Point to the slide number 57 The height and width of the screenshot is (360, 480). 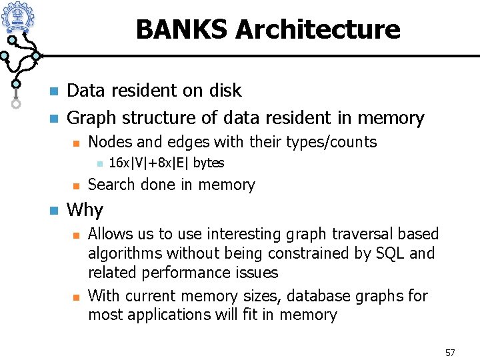[x=449, y=352]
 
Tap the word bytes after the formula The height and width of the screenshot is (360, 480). [x=209, y=163]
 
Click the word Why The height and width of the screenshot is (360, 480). [x=85, y=210]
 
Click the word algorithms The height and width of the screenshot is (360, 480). [x=125, y=253]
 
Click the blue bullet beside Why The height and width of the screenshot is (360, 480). [x=53, y=211]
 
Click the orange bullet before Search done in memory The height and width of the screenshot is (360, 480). [x=75, y=185]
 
